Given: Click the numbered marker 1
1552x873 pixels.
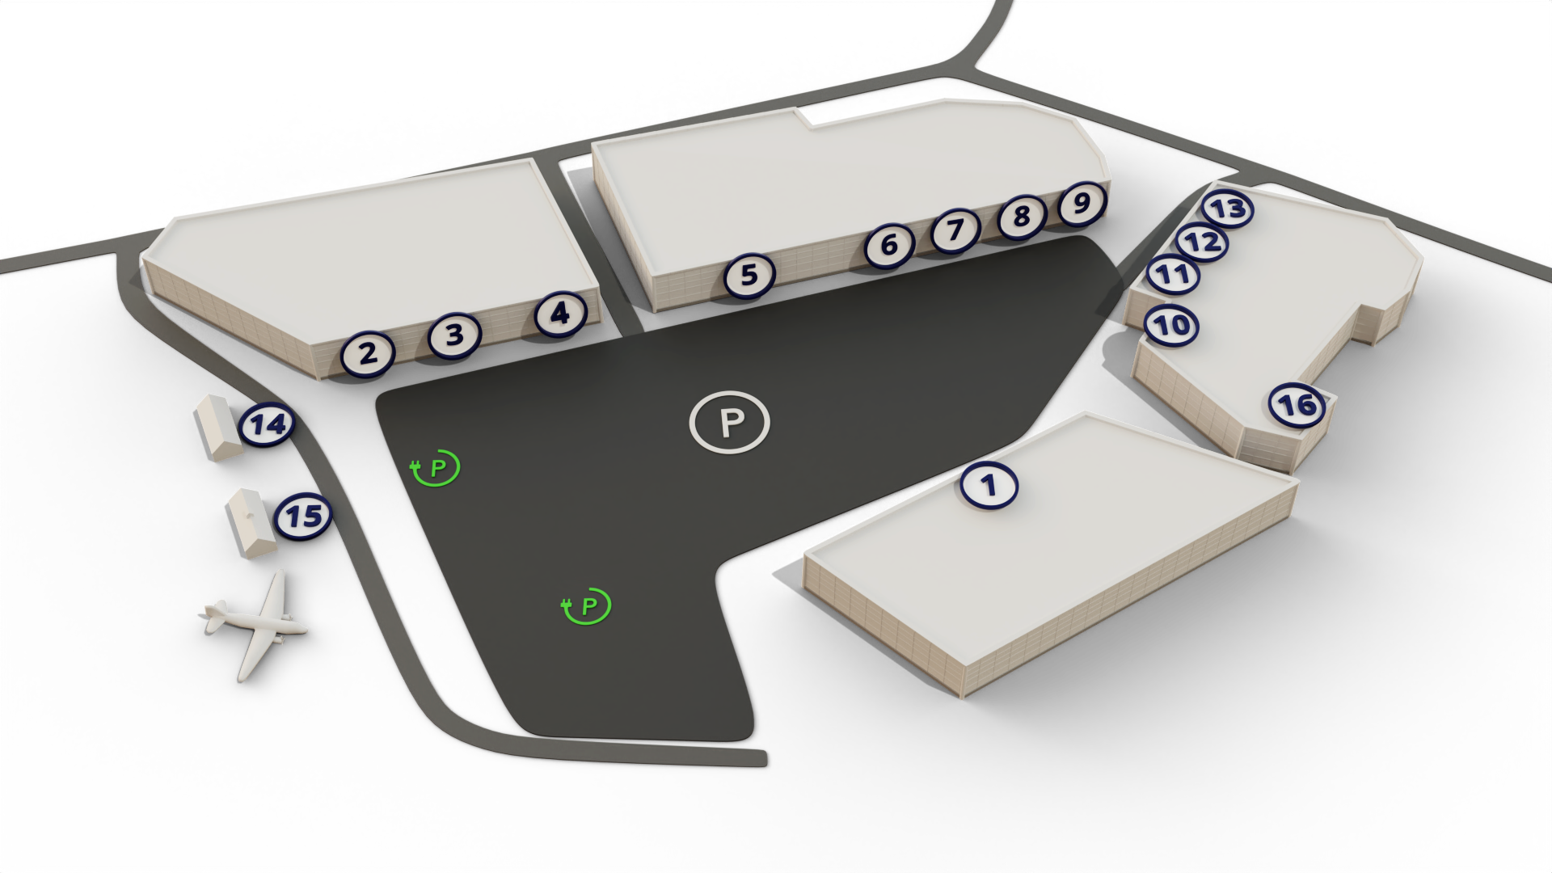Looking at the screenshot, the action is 989,486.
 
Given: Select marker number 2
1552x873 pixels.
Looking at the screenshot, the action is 368,353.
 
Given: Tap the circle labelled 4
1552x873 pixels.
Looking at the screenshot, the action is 454,334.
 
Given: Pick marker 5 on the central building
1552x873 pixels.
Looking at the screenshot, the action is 560,314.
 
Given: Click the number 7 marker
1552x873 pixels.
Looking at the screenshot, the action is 749,275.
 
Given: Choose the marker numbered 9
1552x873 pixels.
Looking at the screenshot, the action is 889,244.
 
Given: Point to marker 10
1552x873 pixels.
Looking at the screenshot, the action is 955,230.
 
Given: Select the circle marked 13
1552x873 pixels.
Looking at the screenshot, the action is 1022,216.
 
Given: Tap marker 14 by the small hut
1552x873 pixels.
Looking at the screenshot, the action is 1082,203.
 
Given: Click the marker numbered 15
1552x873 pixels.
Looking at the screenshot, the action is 1172,325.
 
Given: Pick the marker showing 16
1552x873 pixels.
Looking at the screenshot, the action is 1173,274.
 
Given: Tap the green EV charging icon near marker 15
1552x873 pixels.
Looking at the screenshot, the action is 436,468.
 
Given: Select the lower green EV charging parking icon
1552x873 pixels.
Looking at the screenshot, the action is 587,605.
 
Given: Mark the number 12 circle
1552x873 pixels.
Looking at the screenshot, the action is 1201,241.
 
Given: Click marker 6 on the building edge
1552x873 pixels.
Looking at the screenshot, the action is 889,244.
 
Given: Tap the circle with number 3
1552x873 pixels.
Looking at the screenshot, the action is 454,334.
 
